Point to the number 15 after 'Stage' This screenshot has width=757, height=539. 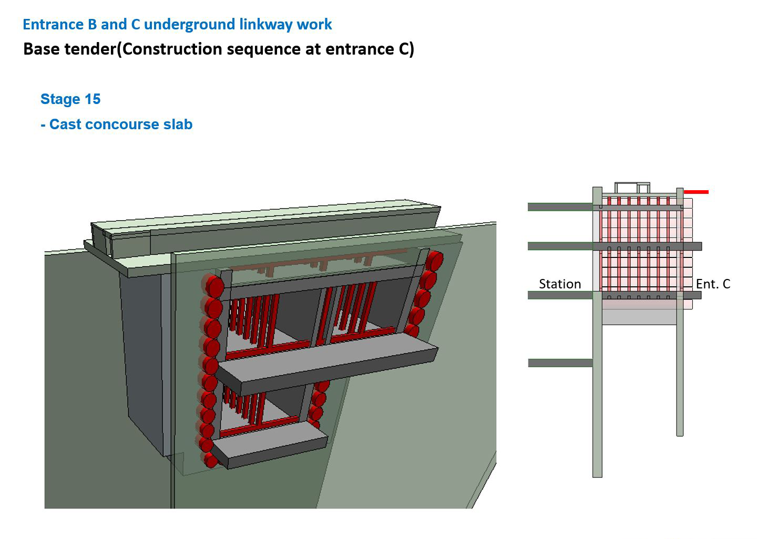pos(93,99)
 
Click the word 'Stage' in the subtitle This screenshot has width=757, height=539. pos(60,99)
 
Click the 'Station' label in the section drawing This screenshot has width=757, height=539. pos(560,284)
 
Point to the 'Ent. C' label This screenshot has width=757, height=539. pos(713,284)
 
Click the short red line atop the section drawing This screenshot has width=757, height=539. pos(696,192)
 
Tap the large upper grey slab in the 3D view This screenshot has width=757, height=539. pos(326,363)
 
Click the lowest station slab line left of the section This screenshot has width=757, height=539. pos(560,363)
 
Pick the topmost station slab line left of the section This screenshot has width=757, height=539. pos(560,206)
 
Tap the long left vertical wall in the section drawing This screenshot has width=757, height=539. pos(597,332)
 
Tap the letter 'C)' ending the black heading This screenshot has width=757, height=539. pos(406,49)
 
